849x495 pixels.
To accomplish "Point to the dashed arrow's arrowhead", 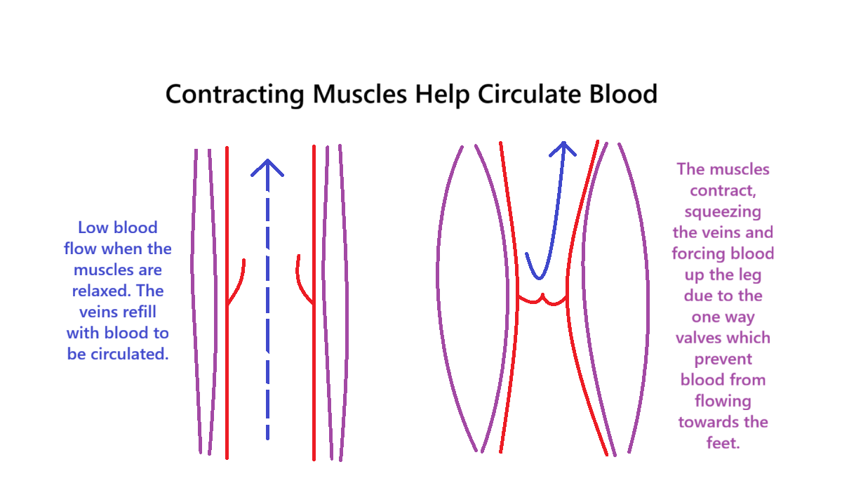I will coord(267,167).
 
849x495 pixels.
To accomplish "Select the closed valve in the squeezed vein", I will coord(542,301).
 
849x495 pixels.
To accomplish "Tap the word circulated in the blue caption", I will coord(130,354).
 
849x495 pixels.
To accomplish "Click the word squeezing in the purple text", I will coord(722,211).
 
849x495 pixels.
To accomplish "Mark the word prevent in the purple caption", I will coord(723,359).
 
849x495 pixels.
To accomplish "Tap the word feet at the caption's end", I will coord(723,443).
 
